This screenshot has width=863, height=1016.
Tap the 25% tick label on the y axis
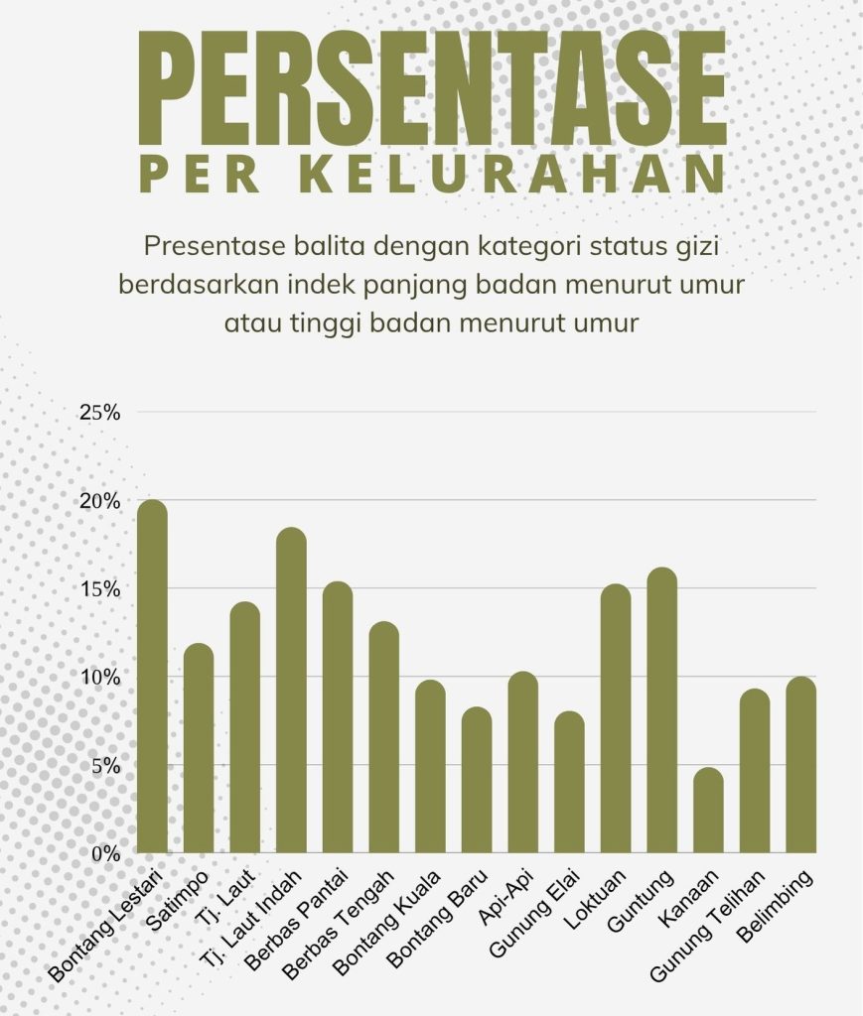pyautogui.click(x=99, y=412)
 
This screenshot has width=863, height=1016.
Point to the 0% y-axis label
pyautogui.click(x=104, y=853)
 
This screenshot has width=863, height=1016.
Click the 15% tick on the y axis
pyautogui.click(x=99, y=588)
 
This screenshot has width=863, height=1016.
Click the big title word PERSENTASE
pyautogui.click(x=432, y=89)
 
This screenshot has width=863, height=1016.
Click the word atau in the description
pyautogui.click(x=252, y=322)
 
